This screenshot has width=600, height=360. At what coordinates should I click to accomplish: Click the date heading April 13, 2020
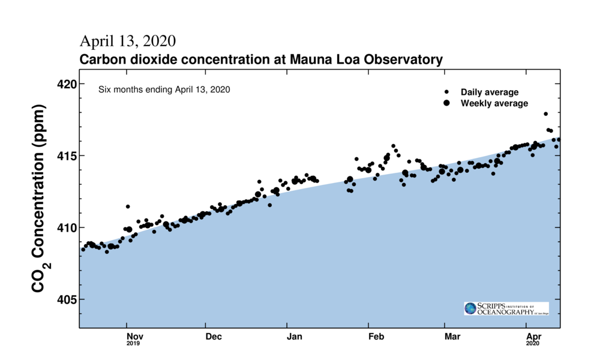[128, 41]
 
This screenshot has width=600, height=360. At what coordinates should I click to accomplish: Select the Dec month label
[214, 337]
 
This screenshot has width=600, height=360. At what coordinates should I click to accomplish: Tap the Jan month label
[295, 337]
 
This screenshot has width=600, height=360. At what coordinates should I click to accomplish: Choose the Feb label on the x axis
[376, 337]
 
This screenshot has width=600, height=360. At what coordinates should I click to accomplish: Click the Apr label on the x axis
[533, 337]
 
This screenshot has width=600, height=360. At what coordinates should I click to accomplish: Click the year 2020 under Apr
[533, 344]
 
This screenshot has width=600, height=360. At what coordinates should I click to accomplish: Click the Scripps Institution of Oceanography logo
[506, 308]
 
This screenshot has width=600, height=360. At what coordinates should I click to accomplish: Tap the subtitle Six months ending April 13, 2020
[164, 90]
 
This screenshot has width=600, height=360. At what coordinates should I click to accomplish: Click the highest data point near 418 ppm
[545, 113]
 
